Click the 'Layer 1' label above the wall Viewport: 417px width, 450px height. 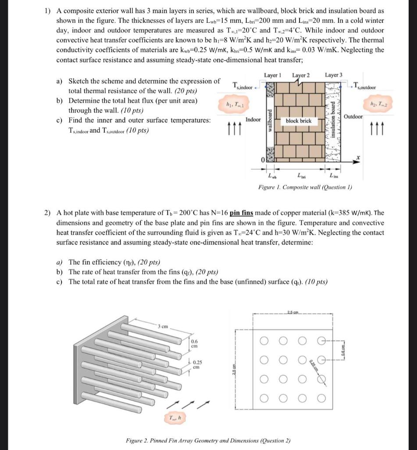[x=273, y=75]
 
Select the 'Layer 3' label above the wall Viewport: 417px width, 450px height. [x=334, y=75]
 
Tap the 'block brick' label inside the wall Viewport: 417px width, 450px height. [x=299, y=120]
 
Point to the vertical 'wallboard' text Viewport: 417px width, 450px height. [x=271, y=120]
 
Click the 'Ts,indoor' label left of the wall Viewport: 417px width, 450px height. [x=242, y=87]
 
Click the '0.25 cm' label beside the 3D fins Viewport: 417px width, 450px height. [x=198, y=365]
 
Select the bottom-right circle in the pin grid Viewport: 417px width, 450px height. [x=322, y=399]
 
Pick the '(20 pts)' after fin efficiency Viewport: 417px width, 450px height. [x=149, y=262]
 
